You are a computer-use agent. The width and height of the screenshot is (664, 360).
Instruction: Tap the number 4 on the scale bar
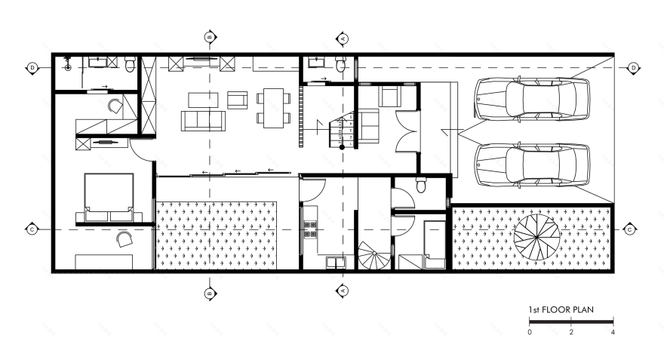[x=613, y=332]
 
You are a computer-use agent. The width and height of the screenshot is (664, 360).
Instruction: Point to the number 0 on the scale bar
[x=530, y=332]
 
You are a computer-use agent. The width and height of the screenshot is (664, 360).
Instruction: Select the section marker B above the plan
[x=211, y=36]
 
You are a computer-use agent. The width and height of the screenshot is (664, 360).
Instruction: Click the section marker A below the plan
[x=342, y=289]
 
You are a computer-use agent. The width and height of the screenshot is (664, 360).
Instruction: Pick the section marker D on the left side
[x=32, y=68]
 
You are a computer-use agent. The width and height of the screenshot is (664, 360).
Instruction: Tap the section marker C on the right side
[x=629, y=229]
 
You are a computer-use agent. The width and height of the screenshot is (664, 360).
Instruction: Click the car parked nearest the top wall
[x=531, y=98]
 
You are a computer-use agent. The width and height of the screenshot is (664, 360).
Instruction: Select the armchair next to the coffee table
[x=237, y=100]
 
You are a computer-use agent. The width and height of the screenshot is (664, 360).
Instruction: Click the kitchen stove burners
[x=309, y=228]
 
